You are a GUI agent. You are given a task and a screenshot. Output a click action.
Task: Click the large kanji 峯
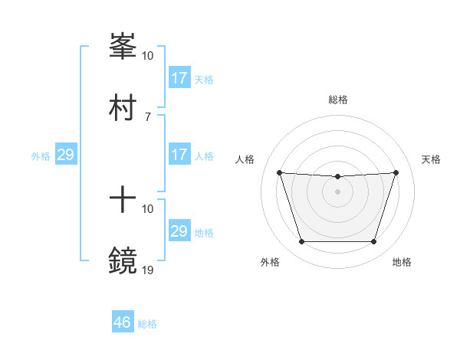coord(123,47)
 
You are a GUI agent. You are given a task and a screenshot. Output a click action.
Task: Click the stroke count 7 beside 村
coord(147,116)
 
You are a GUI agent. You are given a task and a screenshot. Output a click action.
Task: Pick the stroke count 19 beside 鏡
coord(148,270)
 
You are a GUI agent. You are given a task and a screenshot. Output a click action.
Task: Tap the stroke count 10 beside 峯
coord(148,56)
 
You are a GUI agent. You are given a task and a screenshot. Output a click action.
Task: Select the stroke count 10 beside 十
coord(148,208)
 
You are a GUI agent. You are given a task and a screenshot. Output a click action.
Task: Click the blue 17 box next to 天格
coord(179,78)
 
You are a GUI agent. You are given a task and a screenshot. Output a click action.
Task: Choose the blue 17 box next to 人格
coord(179,155)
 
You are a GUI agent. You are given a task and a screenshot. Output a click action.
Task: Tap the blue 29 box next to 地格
coord(179,231)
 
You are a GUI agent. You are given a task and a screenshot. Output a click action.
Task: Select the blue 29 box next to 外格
coord(65,155)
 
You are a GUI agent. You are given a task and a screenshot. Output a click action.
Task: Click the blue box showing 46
coord(123,322)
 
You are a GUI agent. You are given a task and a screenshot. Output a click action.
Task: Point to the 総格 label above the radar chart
coord(338,100)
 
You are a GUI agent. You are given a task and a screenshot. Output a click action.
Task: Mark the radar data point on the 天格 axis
coord(396,173)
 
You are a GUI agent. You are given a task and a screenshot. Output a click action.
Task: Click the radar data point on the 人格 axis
coord(279,173)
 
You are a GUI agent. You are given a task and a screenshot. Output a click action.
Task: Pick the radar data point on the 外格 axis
coord(301,242)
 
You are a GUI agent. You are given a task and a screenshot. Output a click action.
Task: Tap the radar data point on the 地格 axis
coord(373,242)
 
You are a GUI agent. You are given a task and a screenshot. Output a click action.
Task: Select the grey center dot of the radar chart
coord(337,191)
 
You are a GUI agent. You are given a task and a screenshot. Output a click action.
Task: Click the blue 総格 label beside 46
coord(147,324)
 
